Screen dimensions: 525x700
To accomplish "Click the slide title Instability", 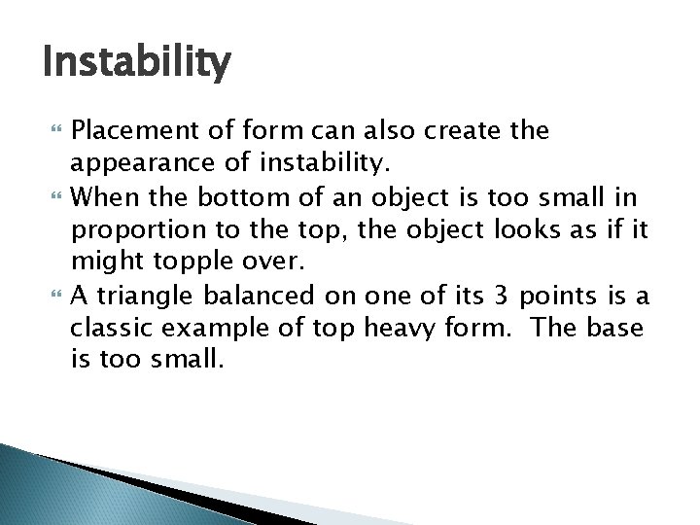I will coord(137,64).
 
